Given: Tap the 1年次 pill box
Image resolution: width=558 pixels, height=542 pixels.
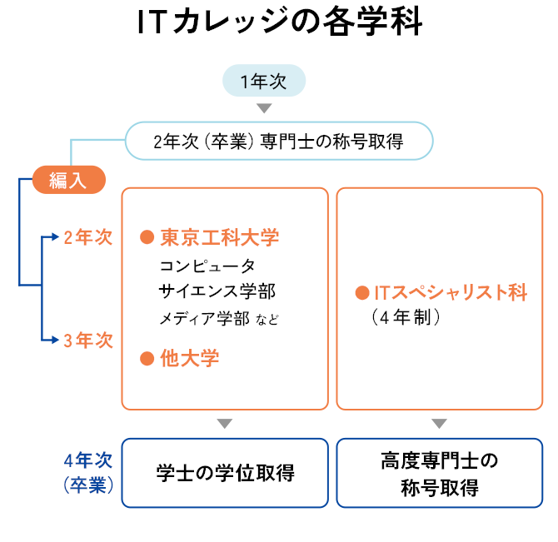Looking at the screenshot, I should pyautogui.click(x=263, y=82).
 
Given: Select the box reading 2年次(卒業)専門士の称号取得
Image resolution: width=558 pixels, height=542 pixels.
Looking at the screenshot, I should pyautogui.click(x=279, y=142).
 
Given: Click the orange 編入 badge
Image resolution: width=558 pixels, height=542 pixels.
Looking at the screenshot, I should pyautogui.click(x=68, y=180).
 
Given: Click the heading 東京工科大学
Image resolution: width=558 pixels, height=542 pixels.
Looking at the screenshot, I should pyautogui.click(x=220, y=237).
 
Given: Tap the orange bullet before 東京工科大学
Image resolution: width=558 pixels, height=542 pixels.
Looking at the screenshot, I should pyautogui.click(x=147, y=237).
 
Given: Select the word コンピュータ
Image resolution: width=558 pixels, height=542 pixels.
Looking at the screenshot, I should pyautogui.click(x=207, y=266).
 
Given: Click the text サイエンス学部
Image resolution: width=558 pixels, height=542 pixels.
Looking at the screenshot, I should pyautogui.click(x=217, y=291).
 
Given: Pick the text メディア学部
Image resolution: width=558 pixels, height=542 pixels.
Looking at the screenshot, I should pyautogui.click(x=204, y=318).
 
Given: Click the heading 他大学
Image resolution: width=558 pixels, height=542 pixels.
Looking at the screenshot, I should pyautogui.click(x=190, y=359).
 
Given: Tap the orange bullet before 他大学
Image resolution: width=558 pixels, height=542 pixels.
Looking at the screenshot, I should pyautogui.click(x=147, y=359).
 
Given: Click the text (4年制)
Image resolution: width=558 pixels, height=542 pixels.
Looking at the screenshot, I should pyautogui.click(x=406, y=317).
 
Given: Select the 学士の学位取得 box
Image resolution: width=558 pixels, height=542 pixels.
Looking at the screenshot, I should pyautogui.click(x=225, y=473).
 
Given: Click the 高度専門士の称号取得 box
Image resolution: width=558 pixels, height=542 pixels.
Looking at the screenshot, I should pyautogui.click(x=439, y=473).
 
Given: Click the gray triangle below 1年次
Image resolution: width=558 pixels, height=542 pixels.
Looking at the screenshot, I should pyautogui.click(x=264, y=108).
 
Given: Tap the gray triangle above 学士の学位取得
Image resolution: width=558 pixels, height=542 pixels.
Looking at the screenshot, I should pyautogui.click(x=224, y=423).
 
